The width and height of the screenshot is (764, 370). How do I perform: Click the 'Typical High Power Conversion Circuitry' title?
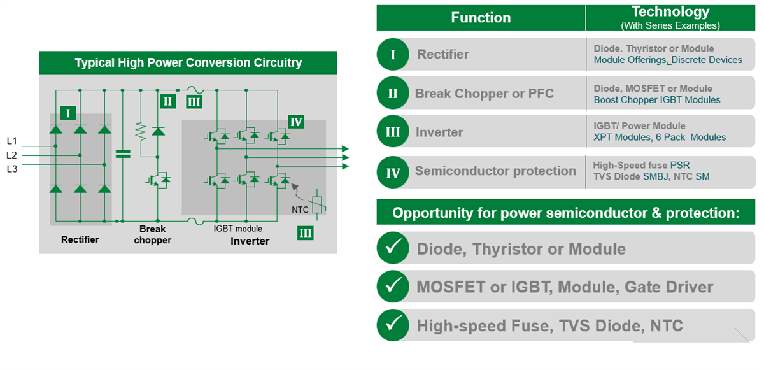188,63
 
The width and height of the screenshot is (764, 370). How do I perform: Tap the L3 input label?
12,169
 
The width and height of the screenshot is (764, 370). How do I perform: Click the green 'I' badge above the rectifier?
68,113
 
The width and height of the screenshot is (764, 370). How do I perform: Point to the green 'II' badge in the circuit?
167,101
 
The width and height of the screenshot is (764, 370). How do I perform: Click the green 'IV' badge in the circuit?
296,122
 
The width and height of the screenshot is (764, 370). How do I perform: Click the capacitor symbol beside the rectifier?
122,153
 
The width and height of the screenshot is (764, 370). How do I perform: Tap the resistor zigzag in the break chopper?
141,132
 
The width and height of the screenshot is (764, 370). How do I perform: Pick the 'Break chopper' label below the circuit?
152,234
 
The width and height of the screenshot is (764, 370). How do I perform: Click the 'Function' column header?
481,18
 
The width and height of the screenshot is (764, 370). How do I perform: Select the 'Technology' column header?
670,12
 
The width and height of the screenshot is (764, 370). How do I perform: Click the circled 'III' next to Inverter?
393,132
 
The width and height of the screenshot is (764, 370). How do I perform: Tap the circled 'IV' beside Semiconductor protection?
393,172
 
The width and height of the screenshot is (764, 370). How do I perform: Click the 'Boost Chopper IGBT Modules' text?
657,100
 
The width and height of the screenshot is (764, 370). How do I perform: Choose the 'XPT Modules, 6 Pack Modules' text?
660,138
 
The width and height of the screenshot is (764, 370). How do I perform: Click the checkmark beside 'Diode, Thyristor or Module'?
393,248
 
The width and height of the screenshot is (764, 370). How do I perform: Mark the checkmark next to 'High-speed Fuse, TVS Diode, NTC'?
393,325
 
